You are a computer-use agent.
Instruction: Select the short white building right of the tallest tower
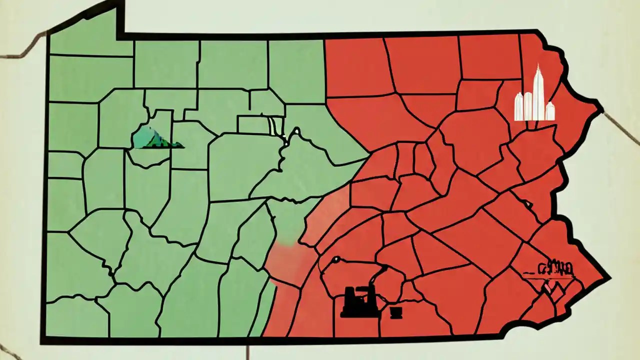tap(550, 111)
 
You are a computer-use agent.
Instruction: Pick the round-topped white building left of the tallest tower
tap(527, 105)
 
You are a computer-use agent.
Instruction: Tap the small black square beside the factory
tap(395, 312)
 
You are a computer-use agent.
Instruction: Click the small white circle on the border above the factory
tap(336, 259)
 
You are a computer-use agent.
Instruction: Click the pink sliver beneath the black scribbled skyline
tap(548, 288)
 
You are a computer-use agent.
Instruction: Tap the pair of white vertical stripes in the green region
tap(273, 126)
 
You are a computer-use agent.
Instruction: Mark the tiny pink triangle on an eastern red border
tap(527, 204)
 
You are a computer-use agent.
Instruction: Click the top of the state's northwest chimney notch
tap(120, 4)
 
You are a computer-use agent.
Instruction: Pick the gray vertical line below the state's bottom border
tap(247, 352)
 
